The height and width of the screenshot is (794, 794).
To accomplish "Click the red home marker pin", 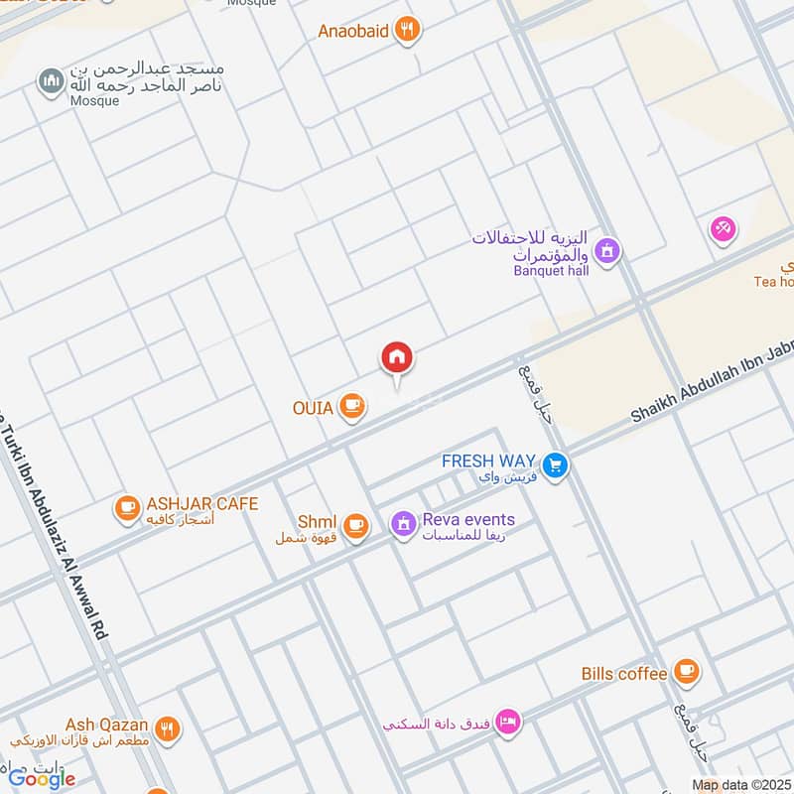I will click(397, 358).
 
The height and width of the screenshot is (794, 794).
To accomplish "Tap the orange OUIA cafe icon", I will click(351, 405).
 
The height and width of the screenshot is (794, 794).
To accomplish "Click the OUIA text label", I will click(313, 406).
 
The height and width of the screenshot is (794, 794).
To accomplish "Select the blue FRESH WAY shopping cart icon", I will click(555, 463).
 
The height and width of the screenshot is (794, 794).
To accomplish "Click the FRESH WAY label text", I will click(488, 461).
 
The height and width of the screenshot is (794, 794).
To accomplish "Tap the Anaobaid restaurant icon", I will click(406, 30).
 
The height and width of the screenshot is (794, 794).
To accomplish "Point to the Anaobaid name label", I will click(352, 30).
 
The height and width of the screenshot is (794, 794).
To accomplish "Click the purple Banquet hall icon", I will click(608, 250).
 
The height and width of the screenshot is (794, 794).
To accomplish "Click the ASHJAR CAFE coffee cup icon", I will click(127, 508).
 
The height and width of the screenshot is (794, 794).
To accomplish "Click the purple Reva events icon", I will click(402, 523).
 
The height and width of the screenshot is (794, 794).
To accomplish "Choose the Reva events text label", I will click(468, 520).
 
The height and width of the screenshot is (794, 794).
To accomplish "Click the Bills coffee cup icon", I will click(685, 673).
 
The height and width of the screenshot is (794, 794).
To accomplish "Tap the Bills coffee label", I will click(624, 674).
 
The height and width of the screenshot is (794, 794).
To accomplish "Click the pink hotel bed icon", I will click(507, 723).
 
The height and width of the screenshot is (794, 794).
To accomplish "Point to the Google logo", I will click(43, 779).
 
